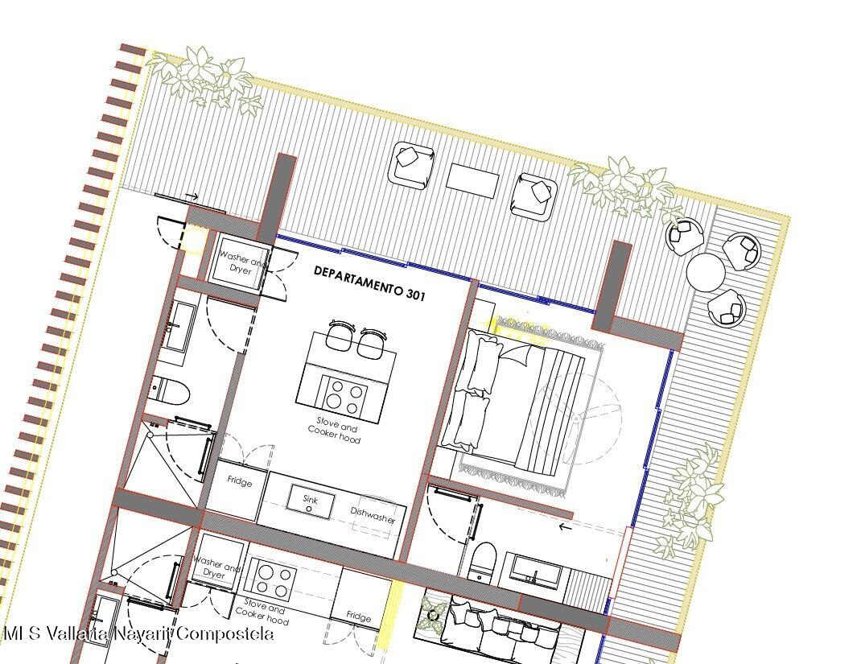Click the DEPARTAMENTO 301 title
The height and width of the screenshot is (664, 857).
[x=369, y=283]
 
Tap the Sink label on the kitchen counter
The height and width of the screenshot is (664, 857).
[x=311, y=499]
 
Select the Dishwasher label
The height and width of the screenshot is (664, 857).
[x=373, y=515]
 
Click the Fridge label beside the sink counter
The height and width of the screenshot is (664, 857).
[x=239, y=482]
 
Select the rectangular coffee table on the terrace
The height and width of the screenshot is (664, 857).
[x=472, y=181]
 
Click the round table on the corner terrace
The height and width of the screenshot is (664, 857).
[x=706, y=273]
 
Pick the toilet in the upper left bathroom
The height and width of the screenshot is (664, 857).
[x=171, y=390]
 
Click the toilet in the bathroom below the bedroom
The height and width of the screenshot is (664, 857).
[x=482, y=561]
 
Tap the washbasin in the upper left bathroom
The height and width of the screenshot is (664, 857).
[x=180, y=328]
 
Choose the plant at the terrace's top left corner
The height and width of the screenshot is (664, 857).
[x=205, y=78]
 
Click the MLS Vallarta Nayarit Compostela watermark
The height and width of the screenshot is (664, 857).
[x=138, y=633]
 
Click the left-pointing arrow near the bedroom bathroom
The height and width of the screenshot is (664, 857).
[x=565, y=527]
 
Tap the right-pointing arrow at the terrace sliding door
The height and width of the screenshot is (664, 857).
[x=192, y=196]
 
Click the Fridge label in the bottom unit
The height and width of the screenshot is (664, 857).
[x=359, y=616]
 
